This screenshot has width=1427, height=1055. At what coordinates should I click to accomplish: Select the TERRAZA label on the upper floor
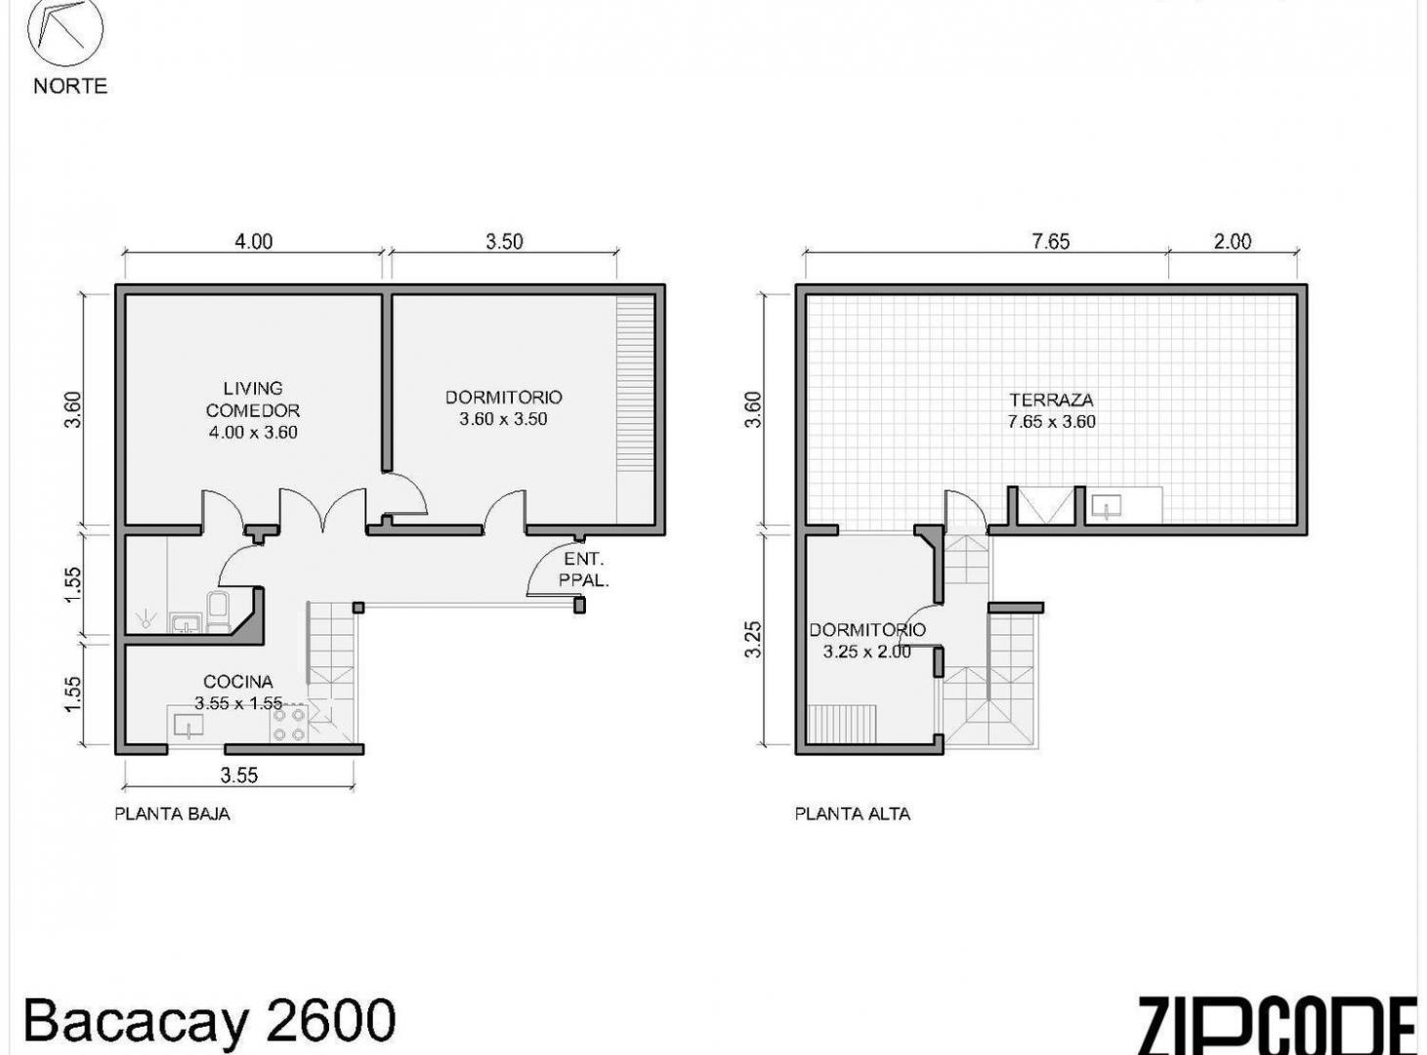(x=1051, y=400)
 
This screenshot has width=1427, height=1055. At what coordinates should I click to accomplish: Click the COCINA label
(x=238, y=682)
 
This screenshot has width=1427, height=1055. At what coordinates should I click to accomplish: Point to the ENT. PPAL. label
(x=583, y=570)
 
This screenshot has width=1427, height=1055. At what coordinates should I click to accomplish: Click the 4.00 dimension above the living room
(x=253, y=241)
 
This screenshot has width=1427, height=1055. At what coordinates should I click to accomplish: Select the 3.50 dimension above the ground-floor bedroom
(x=504, y=241)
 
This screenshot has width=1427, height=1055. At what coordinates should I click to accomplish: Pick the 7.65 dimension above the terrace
(x=1051, y=241)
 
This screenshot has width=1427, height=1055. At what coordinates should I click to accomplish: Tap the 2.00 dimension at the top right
(x=1232, y=241)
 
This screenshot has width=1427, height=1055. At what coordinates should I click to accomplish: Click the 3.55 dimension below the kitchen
(x=238, y=776)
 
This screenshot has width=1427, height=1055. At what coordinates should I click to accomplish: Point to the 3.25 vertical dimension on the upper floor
(x=753, y=639)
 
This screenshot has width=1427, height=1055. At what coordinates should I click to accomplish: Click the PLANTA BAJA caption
(x=172, y=814)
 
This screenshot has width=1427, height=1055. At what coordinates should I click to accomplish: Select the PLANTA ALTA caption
(x=853, y=814)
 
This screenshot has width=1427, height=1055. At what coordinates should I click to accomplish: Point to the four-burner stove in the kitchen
(x=289, y=724)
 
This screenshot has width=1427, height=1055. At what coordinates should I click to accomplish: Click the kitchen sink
(x=187, y=726)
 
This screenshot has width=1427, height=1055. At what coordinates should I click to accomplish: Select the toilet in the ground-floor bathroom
(x=217, y=612)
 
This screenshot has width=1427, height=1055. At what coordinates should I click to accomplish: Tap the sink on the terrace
(x=1107, y=507)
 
